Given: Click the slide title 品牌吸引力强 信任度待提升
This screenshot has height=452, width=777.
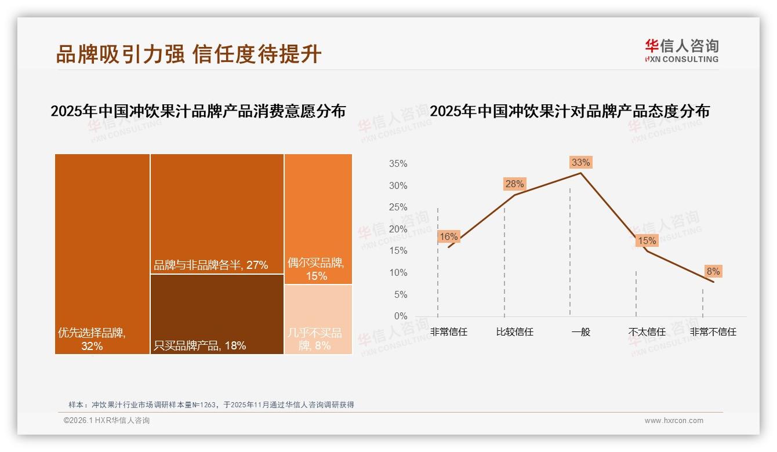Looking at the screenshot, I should [188, 54].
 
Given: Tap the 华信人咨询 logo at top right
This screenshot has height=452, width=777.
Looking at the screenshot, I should [681, 50].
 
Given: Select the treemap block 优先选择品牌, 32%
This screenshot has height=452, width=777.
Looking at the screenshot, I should [103, 254].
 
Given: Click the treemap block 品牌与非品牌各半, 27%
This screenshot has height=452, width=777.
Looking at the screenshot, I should [217, 213].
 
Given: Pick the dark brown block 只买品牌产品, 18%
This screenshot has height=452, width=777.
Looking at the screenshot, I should [217, 314].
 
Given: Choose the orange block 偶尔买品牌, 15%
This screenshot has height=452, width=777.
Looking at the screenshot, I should [318, 219].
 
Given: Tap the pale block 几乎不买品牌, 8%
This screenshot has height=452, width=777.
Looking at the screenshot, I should [318, 319].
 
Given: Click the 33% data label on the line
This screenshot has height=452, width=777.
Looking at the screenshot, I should [580, 162].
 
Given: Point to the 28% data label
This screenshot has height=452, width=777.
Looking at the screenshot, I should [514, 184].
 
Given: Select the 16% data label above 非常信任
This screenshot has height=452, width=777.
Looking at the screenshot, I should [448, 236].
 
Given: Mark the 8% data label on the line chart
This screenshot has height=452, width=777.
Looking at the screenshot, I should [713, 271].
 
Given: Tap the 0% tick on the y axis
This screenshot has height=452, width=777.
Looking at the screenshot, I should [400, 316].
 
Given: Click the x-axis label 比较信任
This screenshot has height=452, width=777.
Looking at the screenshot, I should [514, 332].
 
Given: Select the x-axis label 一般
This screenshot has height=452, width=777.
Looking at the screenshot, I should [580, 332].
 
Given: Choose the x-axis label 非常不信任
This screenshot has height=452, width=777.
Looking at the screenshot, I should [713, 332].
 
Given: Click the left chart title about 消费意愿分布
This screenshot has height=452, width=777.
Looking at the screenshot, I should [198, 111].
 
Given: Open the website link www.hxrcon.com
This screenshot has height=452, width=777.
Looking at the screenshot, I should [674, 421].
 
